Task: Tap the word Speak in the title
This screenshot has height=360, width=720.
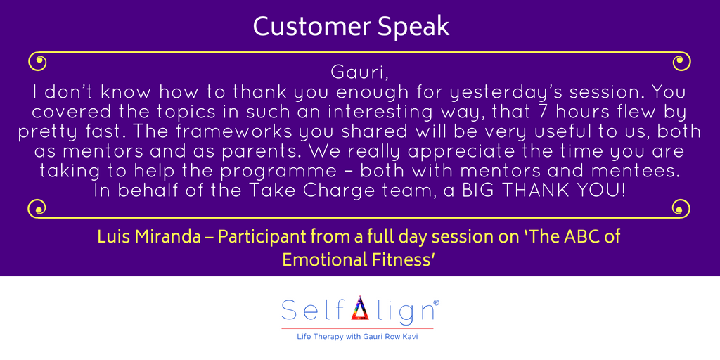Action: click(413, 28)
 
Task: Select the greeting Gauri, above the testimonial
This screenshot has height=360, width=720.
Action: click(360, 73)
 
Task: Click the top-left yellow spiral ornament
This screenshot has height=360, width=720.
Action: click(38, 62)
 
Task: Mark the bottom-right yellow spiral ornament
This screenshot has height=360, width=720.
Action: click(681, 208)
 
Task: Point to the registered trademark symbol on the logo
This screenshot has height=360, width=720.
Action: click(436, 303)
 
